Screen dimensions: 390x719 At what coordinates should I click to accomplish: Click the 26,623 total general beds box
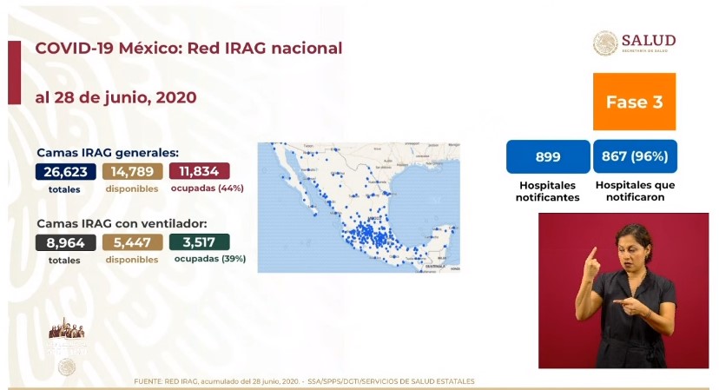(65, 171)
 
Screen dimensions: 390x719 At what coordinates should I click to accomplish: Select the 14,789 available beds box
(132, 171)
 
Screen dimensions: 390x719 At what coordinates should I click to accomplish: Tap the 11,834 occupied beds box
(200, 171)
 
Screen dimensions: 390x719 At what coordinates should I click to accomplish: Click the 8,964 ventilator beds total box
(65, 242)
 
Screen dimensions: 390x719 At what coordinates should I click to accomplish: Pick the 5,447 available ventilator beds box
(132, 242)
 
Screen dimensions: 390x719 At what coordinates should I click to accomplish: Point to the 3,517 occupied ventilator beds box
(200, 242)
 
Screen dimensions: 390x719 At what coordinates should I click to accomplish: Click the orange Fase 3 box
(634, 102)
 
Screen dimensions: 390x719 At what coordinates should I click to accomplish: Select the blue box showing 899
(548, 157)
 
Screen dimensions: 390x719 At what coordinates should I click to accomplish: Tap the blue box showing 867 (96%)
(636, 157)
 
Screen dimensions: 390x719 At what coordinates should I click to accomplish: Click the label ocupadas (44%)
(208, 188)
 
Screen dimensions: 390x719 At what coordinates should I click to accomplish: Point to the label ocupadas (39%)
(209, 259)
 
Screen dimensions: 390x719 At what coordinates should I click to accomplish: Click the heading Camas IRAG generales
(108, 152)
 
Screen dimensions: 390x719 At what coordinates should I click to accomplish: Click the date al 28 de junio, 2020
(115, 97)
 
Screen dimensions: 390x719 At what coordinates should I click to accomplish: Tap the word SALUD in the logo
(648, 40)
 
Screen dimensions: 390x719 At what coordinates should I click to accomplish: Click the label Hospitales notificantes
(548, 191)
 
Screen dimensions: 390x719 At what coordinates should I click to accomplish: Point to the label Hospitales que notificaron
(636, 191)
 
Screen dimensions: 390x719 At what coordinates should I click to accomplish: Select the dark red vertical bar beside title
(14, 73)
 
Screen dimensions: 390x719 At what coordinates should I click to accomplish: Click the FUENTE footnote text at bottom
(304, 381)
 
